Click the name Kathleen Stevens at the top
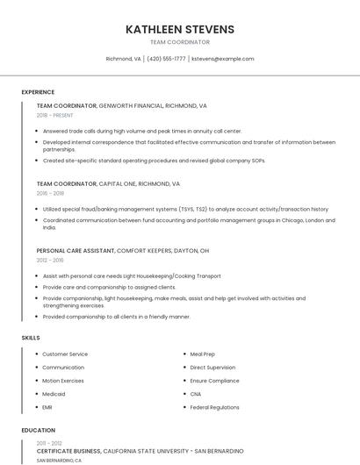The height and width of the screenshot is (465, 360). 180,29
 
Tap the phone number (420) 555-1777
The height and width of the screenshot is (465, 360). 167,59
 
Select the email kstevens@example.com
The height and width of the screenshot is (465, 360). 222,59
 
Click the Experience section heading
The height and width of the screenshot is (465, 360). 38,92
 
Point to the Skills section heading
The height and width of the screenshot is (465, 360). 31,338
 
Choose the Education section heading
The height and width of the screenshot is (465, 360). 38,431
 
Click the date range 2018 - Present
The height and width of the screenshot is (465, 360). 54,115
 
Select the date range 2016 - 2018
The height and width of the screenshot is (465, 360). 50,193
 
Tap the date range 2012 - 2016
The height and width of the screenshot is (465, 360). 50,260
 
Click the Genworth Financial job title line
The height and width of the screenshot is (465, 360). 121,105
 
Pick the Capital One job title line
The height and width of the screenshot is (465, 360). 108,184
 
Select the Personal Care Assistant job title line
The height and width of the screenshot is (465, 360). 123,250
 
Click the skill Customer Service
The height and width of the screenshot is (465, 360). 65,354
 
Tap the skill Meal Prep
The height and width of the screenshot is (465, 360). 203,354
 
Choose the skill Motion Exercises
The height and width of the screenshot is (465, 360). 63,381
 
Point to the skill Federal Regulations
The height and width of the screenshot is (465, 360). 214,407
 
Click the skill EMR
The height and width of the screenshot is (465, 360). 47,407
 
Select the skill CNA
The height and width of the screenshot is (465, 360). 196,394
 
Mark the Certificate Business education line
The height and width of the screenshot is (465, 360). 140,450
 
